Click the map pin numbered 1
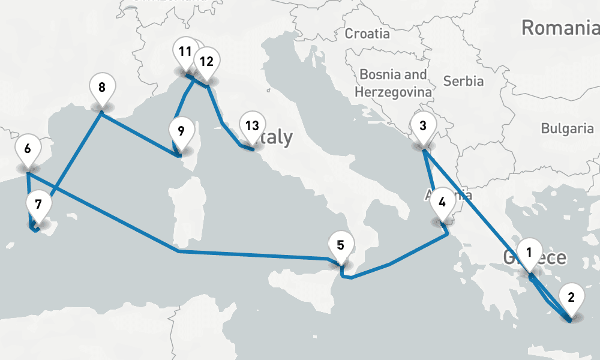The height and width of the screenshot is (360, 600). pos(529,253)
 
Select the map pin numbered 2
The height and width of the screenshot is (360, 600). pos(571,298)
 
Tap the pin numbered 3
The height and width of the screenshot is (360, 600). pos(423,127)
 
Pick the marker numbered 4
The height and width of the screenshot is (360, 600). pos(442,202)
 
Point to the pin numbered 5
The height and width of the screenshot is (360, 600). pos(341,245)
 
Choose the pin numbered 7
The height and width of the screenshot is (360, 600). pos(38,205)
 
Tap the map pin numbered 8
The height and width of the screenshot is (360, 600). pos(102,88)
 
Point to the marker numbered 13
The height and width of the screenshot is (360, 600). pos(252,126)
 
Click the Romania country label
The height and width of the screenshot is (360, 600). pos(560,28)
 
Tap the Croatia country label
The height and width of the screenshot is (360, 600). pos(367,34)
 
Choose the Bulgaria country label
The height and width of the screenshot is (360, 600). pos(567,128)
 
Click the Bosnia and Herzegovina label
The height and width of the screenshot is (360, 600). pos(394,83)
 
